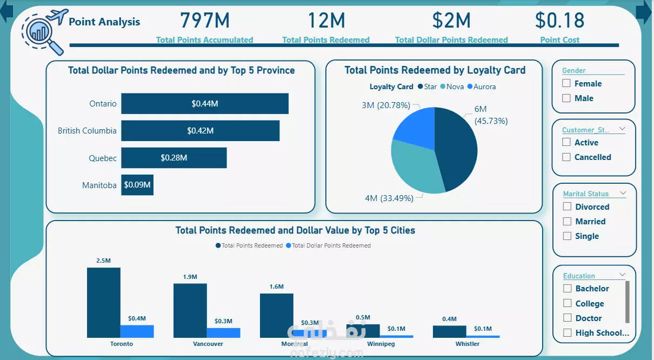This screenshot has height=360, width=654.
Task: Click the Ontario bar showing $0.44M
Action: tap(204, 104)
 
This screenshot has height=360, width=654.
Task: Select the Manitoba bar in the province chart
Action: tap(137, 185)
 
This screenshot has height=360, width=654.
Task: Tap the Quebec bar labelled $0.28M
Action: tap(173, 158)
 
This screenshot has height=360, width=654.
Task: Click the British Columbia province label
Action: tap(87, 131)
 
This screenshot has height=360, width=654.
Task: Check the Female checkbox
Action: tap(566, 83)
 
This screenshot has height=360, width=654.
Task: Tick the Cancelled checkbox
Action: tap(566, 157)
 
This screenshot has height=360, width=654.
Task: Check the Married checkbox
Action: tap(567, 221)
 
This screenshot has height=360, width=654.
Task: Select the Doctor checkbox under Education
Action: tap(567, 318)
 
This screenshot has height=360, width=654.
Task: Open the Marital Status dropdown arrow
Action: tap(623, 193)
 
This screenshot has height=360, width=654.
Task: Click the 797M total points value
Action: tap(205, 21)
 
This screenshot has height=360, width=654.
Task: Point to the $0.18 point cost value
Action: tap(559, 21)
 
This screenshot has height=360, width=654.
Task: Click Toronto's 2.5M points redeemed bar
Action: tap(104, 303)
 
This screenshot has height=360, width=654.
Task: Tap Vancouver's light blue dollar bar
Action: tap(223, 332)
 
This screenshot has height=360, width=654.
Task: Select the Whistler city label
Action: tap(467, 344)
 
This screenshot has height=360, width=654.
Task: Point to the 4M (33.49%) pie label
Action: tap(389, 198)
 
